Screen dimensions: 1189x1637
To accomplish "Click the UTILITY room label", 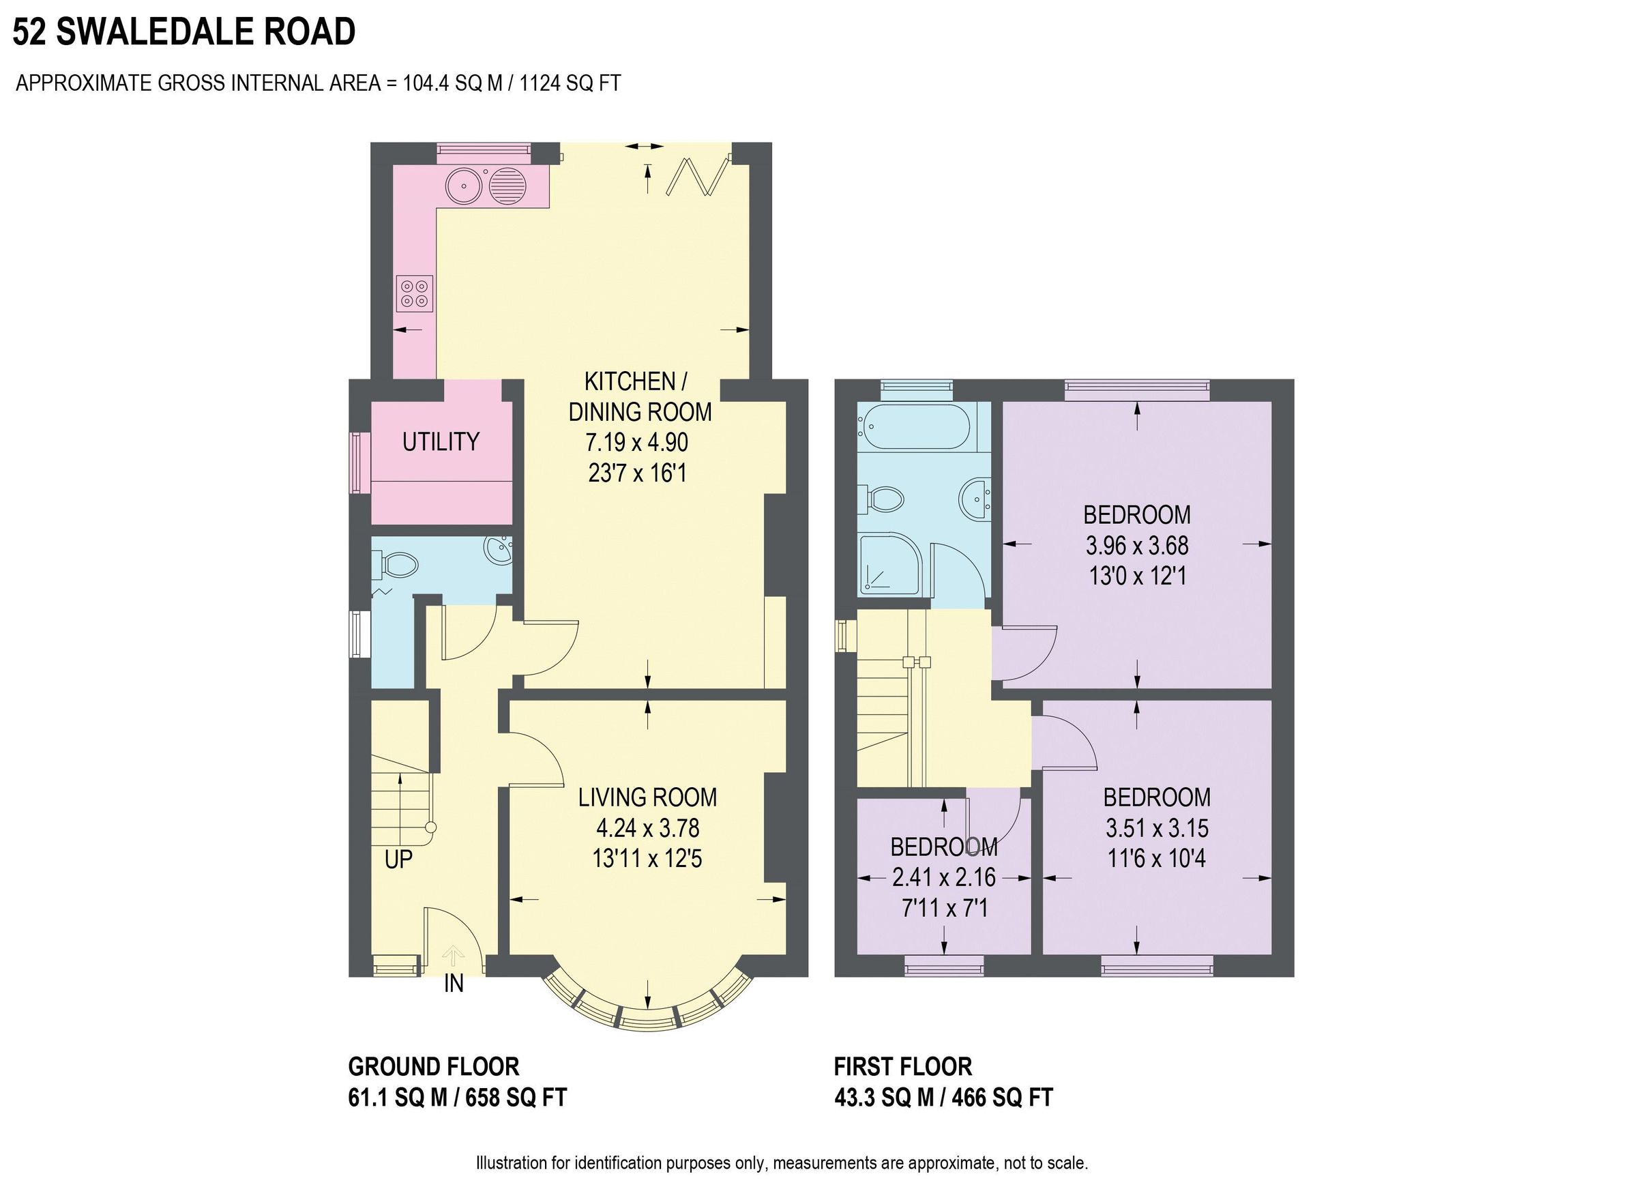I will pos(441,441).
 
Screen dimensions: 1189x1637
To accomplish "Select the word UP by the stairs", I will pos(398,859).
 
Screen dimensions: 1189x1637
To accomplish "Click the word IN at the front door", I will pos(454,983).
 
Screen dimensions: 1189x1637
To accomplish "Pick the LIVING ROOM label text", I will pos(647,797).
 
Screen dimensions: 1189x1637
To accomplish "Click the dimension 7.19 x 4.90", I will pos(636,442).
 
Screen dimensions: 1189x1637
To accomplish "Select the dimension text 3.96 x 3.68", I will pos(1137,545).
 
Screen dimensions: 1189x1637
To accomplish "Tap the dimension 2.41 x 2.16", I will pos(943,877).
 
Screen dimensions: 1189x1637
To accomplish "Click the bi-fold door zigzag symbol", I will pos(697,177).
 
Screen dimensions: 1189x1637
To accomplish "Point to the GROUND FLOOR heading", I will pos(433,1066).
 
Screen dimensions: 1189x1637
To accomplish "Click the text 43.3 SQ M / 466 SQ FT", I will pos(943,1098).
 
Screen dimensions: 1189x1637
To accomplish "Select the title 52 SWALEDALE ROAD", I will pos(184,32).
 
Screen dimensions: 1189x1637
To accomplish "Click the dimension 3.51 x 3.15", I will pos(1156,827).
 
